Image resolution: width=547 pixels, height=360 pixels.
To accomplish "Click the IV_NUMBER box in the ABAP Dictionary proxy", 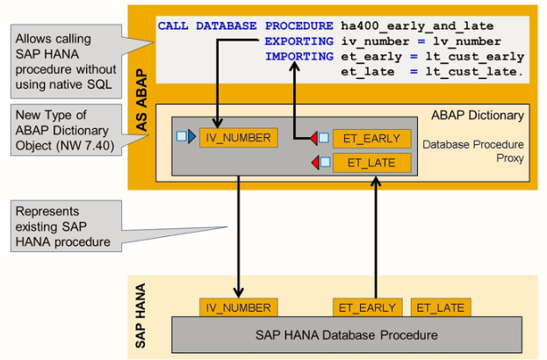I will (237, 138).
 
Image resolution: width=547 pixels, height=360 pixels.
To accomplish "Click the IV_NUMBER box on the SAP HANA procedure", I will (238, 307).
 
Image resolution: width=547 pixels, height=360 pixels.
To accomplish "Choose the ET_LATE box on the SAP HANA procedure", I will (441, 307).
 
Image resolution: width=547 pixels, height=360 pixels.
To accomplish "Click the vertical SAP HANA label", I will (141, 311).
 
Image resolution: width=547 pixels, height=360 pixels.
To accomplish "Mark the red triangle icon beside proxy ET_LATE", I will (313, 162).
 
